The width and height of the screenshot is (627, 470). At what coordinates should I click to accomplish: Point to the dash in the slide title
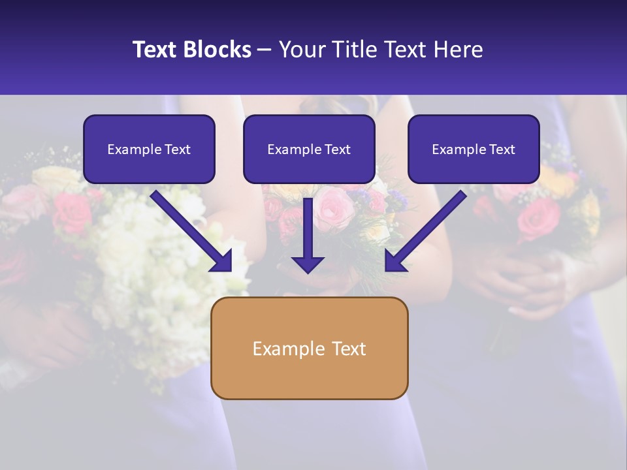coord(265,50)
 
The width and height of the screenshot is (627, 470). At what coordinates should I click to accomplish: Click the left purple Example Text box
coord(149,149)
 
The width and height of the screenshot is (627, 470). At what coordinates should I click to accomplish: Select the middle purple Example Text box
coord(309,149)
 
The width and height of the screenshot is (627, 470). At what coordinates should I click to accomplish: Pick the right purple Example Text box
coord(474,149)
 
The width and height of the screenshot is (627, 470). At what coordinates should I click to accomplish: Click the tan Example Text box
coord(309,348)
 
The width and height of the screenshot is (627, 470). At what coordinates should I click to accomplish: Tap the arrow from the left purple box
coord(189,228)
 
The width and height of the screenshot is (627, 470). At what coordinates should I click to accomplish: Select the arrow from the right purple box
coord(428,228)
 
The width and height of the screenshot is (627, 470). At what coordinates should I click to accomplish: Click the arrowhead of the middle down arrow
coord(308,264)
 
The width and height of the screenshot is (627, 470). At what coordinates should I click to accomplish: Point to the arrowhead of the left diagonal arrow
coord(221,260)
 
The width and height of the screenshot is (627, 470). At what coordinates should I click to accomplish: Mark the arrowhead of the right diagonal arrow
coord(394,260)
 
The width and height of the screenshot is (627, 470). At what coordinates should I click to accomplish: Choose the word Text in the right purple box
coord(502,149)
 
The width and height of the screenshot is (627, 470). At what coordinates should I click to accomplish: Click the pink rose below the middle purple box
coord(334,208)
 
